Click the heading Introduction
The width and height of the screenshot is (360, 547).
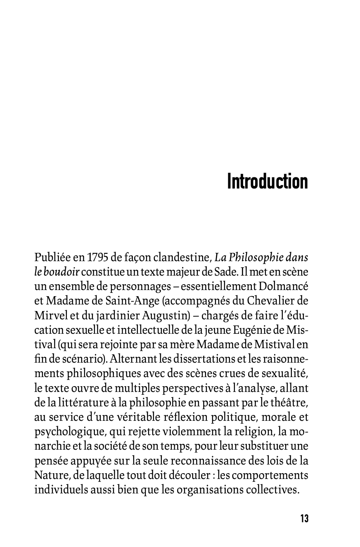[x=268, y=182]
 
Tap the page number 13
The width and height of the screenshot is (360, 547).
[x=304, y=519]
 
